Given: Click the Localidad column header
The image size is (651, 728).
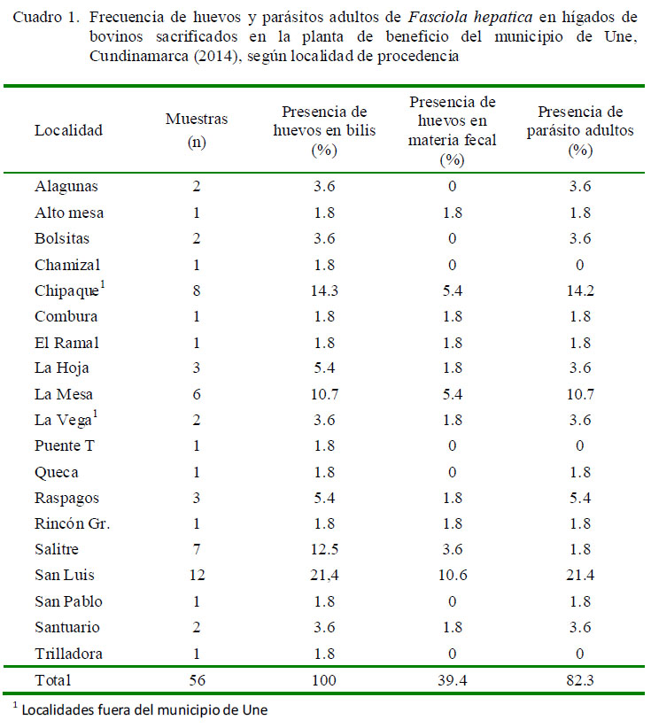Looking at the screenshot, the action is pos(69,130).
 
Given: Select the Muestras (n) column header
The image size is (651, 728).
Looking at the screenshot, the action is pos(197,130).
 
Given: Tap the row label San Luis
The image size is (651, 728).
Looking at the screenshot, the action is pos(65,576).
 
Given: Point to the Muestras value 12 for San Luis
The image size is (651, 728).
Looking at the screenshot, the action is pos(197,576).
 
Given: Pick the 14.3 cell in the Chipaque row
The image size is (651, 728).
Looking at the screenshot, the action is pos(324,291).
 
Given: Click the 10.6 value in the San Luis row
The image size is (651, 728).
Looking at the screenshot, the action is pos(453,576).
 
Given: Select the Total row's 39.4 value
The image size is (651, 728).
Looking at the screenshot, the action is pos(453,681).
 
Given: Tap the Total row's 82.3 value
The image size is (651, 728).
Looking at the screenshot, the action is pos(580,681).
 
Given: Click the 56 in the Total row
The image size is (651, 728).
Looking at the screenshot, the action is pos(197,681).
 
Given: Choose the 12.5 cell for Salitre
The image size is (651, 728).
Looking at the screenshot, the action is pos(324,549).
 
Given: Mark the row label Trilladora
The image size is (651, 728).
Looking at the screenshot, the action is pos(68,654).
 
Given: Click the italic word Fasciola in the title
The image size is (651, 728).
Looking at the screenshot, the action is pos(438,17).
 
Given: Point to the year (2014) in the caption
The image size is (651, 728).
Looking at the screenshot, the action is pos(217,56).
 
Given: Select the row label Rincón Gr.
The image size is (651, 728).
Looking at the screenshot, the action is pos(72,523).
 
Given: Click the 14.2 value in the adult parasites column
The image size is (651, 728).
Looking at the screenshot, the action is pos(580,291).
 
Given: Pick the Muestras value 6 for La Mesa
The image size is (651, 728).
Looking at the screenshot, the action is pos(197,395).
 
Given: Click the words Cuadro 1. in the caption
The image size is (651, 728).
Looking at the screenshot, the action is pos(46,17).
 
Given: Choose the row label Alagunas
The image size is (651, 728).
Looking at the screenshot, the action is pos(66,187).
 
